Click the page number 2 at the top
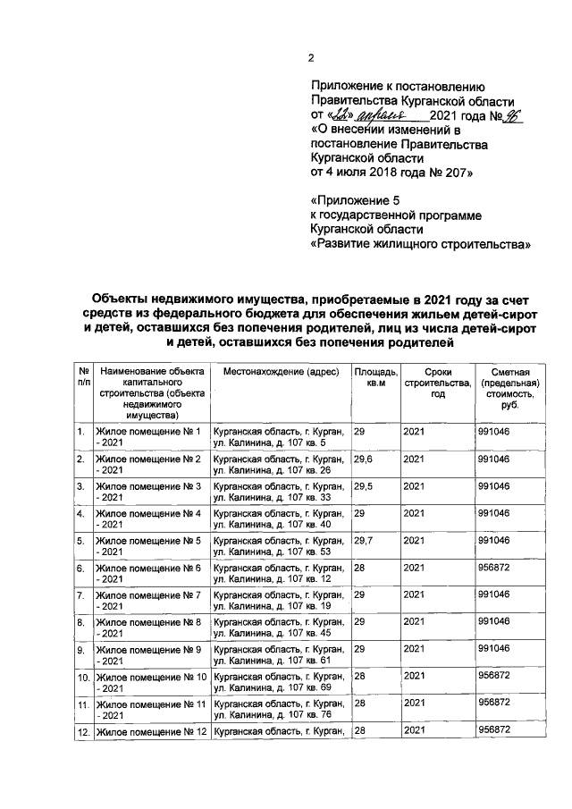[311, 59]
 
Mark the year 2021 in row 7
[415, 595]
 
